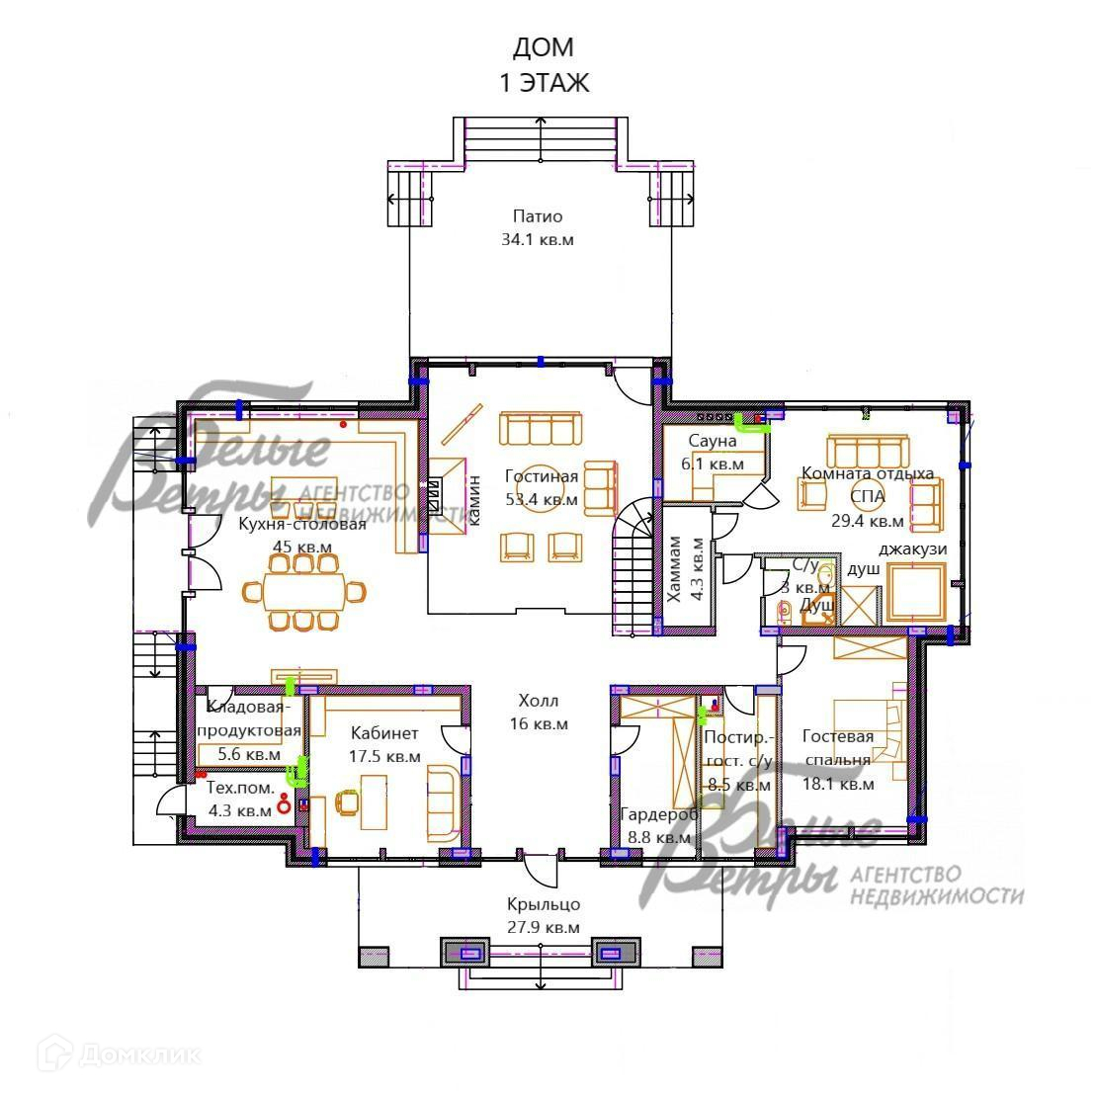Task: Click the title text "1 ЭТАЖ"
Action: tap(544, 83)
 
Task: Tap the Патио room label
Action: tap(538, 216)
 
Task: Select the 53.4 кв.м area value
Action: tap(542, 499)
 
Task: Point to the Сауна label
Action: tap(713, 441)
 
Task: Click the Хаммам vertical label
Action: tap(674, 569)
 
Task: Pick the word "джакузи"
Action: tap(913, 549)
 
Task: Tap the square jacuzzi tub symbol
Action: tap(916, 593)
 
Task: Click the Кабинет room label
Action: tap(384, 733)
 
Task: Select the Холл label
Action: tap(539, 701)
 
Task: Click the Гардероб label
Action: tap(659, 814)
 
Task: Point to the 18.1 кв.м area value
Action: tap(838, 784)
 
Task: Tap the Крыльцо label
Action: tap(544, 904)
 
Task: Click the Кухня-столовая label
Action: tap(302, 524)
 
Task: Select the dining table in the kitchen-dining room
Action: tap(303, 592)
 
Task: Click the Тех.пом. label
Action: tap(240, 788)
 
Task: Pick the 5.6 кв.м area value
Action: tap(249, 754)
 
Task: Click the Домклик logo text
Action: tap(140, 1055)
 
